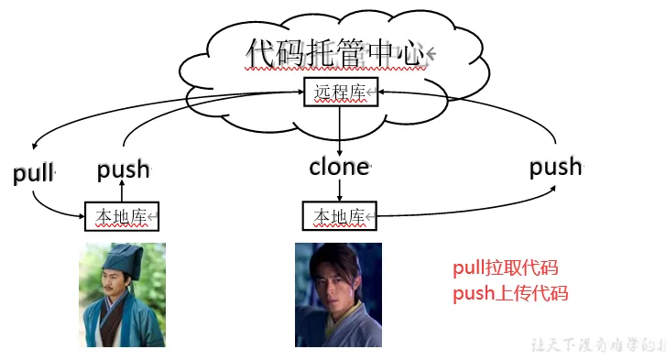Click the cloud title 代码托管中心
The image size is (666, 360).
(x=336, y=53)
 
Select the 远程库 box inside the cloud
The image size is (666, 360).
(x=340, y=92)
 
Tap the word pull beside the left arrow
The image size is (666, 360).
(x=34, y=173)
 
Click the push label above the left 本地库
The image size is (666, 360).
(x=123, y=169)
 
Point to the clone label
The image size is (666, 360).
(x=339, y=167)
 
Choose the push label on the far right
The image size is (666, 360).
(x=555, y=166)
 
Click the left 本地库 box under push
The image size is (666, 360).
(x=122, y=216)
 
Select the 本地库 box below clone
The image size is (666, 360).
(x=340, y=216)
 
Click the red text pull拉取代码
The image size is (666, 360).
(x=506, y=268)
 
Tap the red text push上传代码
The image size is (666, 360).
(x=510, y=294)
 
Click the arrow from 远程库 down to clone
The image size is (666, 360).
(x=340, y=128)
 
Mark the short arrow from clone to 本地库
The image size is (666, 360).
(x=340, y=190)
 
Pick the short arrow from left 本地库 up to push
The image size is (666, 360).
(x=122, y=191)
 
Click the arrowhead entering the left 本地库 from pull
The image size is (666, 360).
(x=80, y=216)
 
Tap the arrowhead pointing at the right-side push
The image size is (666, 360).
(x=555, y=187)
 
